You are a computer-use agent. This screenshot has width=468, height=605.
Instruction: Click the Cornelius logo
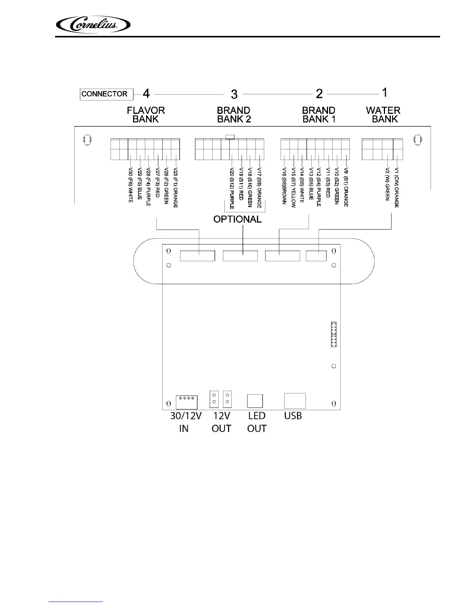click(x=93, y=26)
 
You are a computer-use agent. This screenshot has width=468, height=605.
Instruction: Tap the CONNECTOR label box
click(x=104, y=94)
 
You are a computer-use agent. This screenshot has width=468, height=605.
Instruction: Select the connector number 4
click(x=146, y=93)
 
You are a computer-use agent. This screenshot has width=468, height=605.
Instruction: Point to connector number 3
click(x=234, y=94)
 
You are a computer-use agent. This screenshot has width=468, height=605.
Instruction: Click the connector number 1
click(x=385, y=92)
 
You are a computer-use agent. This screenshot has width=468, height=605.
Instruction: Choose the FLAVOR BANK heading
click(x=146, y=115)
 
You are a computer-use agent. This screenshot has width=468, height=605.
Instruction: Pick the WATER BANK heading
click(x=383, y=115)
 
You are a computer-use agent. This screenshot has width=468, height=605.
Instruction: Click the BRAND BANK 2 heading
click(x=234, y=115)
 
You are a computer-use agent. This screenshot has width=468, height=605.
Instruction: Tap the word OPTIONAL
click(x=237, y=219)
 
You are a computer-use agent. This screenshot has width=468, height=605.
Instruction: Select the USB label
click(x=293, y=416)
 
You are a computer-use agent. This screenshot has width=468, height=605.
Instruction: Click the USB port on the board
click(x=295, y=401)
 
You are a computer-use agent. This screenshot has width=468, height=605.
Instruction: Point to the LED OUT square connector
click(x=255, y=401)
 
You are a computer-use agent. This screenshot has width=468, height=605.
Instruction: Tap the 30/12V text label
click(x=186, y=416)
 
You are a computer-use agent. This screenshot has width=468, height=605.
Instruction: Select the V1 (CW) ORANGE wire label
click(x=397, y=187)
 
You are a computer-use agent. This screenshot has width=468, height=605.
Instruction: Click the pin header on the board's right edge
click(x=333, y=334)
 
